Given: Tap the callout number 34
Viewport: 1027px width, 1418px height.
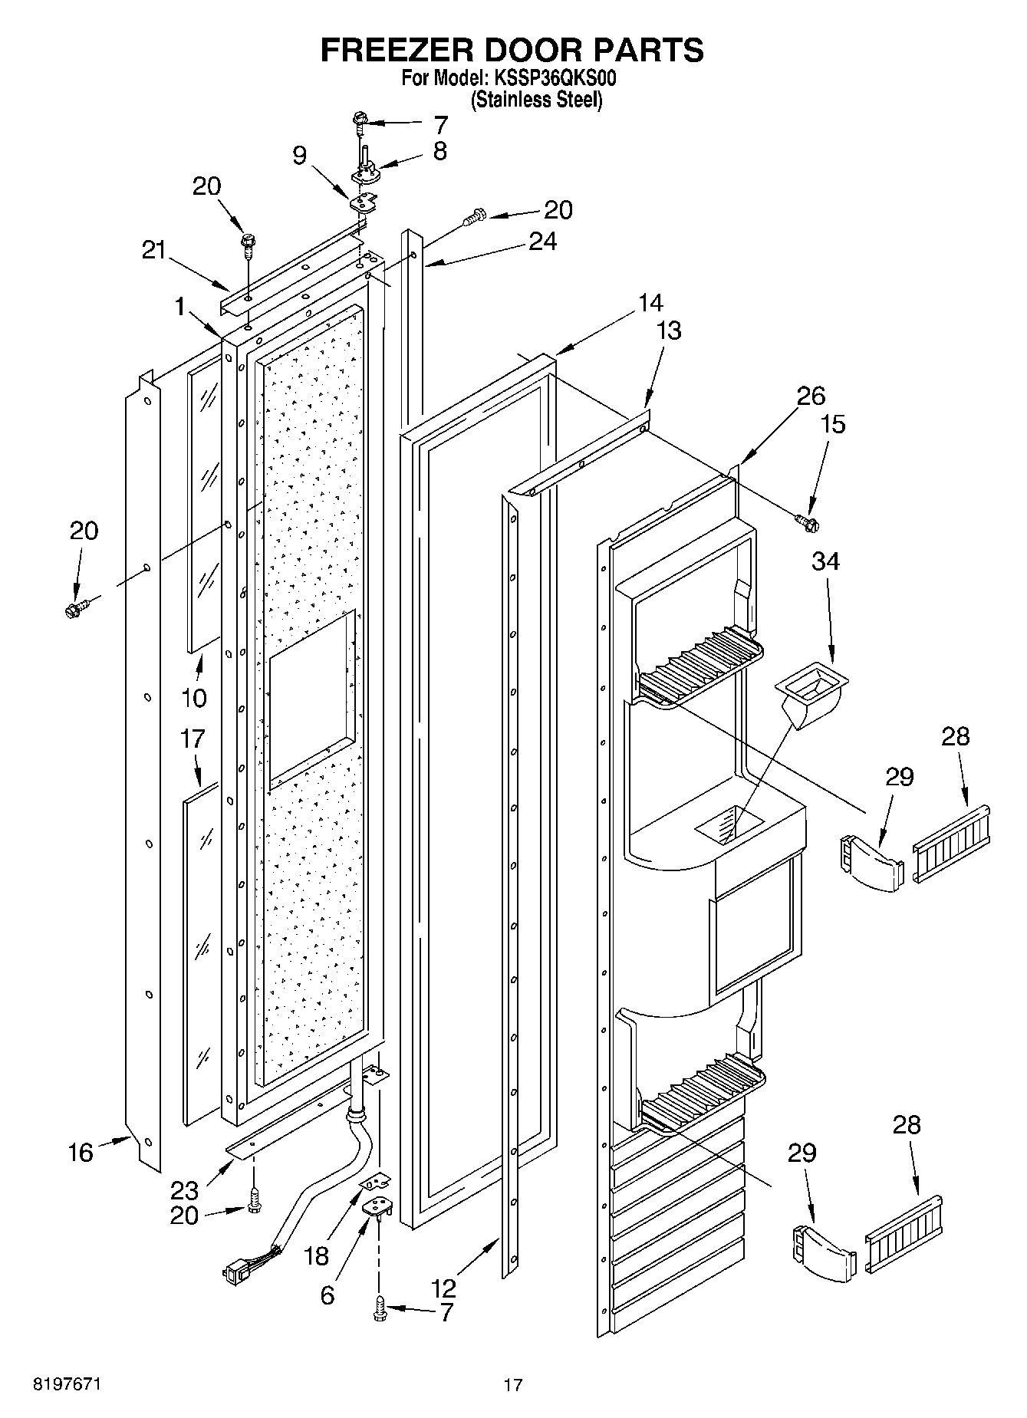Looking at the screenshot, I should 826,562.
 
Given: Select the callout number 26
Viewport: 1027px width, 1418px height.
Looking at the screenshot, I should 811,396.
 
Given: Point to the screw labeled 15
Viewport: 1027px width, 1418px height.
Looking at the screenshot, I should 807,522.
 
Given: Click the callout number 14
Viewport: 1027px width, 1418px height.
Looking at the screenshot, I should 650,303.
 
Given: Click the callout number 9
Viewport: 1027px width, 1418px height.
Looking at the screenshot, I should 300,156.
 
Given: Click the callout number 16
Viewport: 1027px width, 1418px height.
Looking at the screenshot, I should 81,1152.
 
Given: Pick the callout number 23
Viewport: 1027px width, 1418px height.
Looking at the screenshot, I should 185,1190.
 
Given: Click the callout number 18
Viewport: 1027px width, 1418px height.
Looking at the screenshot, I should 315,1256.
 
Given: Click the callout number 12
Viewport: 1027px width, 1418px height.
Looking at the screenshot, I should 444,1288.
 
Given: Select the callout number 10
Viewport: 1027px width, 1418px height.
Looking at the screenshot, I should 194,698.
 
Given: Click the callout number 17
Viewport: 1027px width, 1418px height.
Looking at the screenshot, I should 193,739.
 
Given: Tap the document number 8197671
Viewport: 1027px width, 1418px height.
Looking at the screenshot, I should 67,1384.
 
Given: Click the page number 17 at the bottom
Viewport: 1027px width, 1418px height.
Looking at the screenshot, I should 513,1385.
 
